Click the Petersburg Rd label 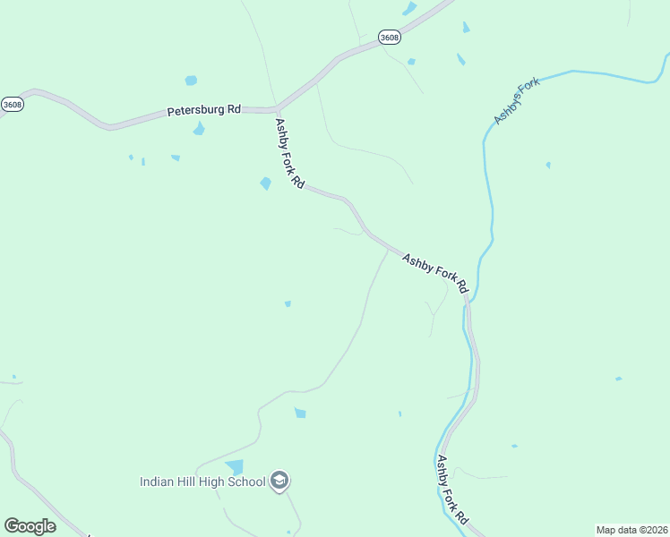(204, 111)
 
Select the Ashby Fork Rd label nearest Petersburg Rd (289, 153)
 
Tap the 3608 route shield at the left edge (12, 104)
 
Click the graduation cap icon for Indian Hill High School (279, 482)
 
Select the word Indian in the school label (157, 482)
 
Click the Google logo (30, 526)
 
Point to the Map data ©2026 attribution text (631, 530)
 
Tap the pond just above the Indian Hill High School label (235, 467)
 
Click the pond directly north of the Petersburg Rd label (191, 81)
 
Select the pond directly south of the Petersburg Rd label (199, 129)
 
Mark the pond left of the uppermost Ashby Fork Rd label (265, 183)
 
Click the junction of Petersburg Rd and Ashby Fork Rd (277, 109)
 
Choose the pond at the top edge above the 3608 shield (410, 9)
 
